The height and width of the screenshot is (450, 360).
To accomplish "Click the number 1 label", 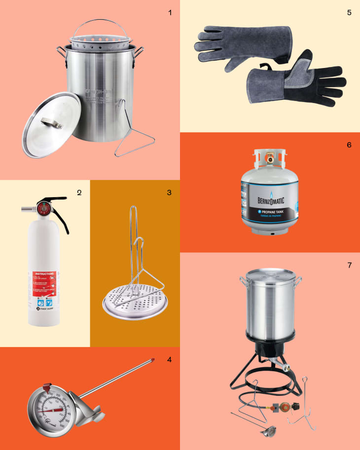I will (170, 12).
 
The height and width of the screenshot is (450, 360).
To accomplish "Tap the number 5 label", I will (349, 12).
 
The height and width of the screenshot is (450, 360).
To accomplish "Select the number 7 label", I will (349, 265).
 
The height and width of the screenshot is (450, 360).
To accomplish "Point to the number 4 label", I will (169, 359).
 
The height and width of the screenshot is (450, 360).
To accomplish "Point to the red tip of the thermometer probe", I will (153, 361).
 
